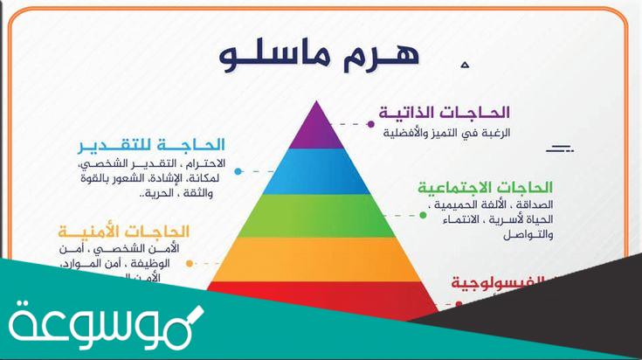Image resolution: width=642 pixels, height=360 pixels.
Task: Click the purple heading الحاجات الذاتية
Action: click(445, 113)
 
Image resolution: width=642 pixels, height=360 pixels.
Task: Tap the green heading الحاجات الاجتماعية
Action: click(486, 188)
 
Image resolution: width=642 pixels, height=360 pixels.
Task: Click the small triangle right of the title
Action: click(465, 64)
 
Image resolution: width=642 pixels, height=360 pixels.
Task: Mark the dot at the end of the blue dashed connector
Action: click(237, 171)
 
